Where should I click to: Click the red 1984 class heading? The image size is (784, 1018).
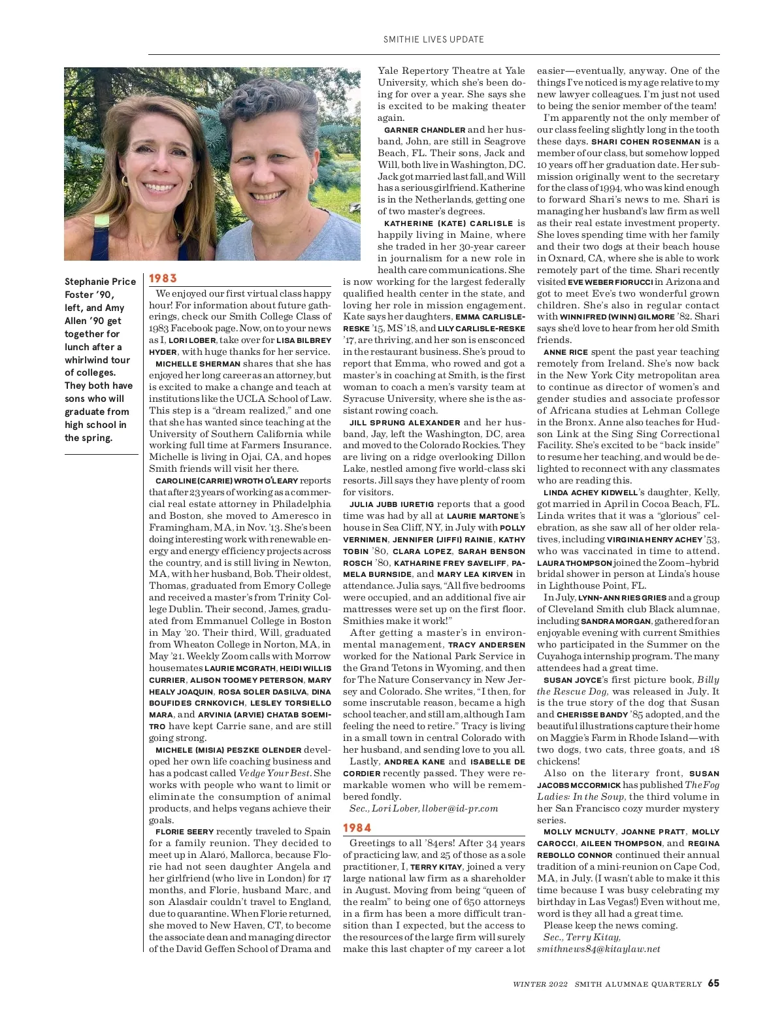point(357,828)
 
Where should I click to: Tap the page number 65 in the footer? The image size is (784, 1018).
point(713,983)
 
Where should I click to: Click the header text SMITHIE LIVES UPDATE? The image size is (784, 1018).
point(433,39)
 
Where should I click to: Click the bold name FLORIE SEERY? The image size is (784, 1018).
point(184,832)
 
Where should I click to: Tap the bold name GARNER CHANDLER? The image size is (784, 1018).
point(425,130)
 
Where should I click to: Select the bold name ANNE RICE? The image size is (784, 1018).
point(565,352)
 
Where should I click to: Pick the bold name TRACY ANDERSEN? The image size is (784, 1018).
point(486,645)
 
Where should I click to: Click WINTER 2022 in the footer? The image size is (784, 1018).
point(540,983)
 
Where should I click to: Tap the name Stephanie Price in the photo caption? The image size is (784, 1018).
point(100,282)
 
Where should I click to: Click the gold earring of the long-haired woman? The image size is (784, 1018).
point(123,180)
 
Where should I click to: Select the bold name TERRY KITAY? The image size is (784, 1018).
point(434,867)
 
